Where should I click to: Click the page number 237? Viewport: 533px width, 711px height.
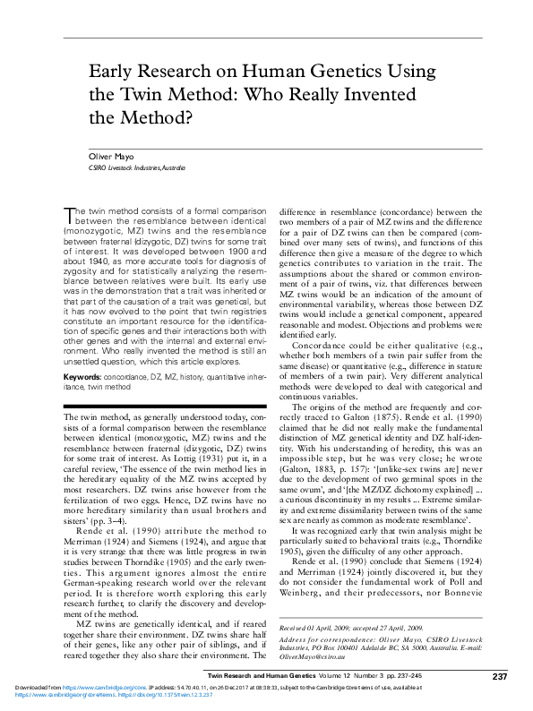point(501,674)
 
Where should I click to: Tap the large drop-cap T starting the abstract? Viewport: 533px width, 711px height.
point(69,212)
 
